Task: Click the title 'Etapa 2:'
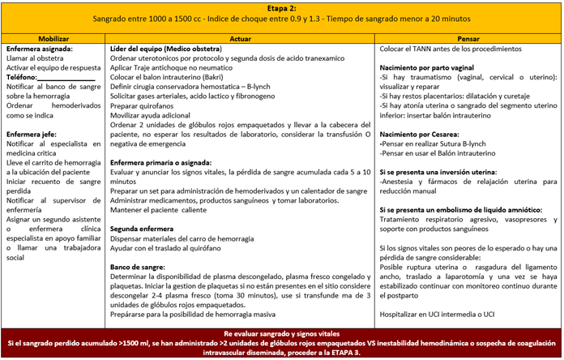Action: (281, 6)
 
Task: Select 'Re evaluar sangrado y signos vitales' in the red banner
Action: (281, 333)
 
